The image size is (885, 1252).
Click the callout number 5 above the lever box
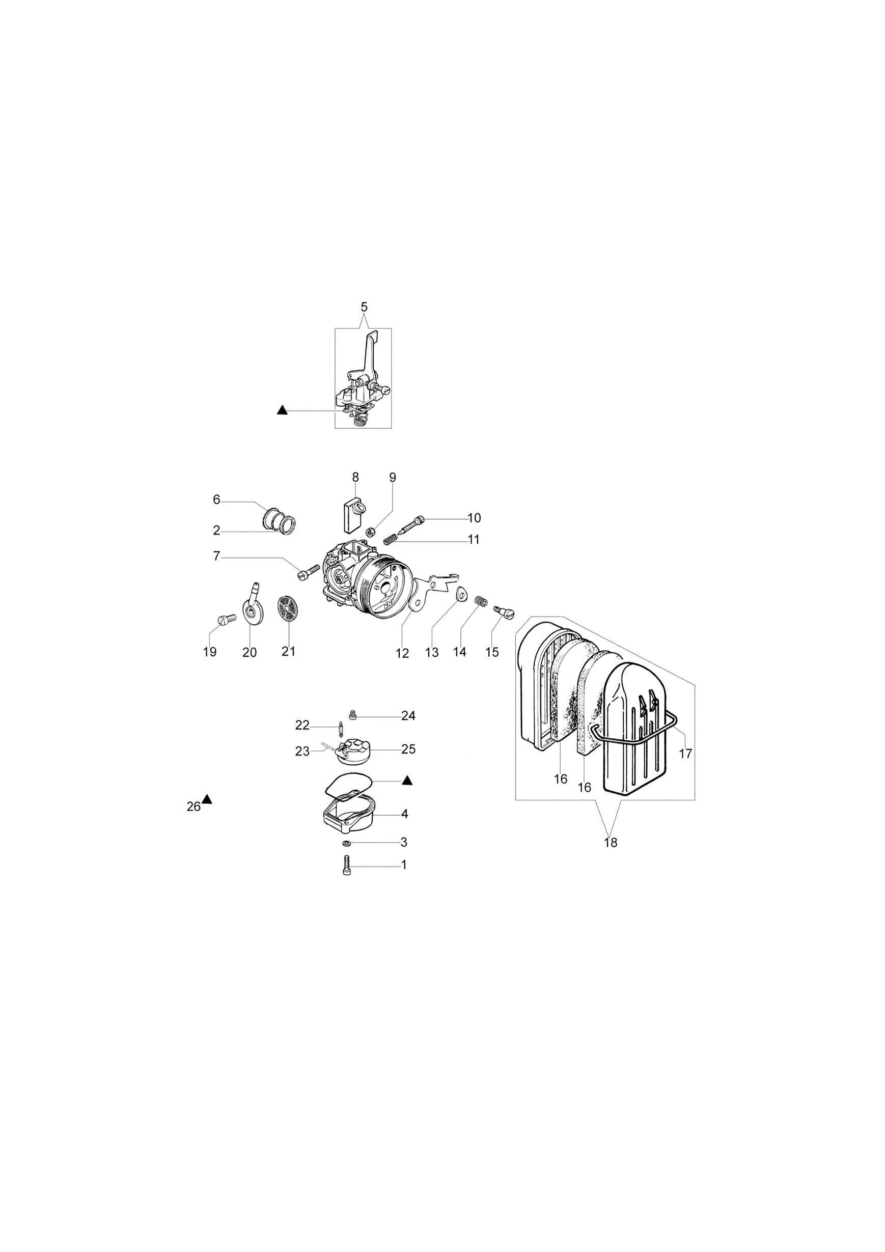[364, 307]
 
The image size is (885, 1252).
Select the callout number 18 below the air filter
[611, 843]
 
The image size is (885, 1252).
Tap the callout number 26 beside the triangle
[193, 807]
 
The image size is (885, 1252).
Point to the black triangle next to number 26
[207, 799]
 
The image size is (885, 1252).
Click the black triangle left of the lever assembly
[282, 409]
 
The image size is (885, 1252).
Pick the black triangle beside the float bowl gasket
[407, 781]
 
